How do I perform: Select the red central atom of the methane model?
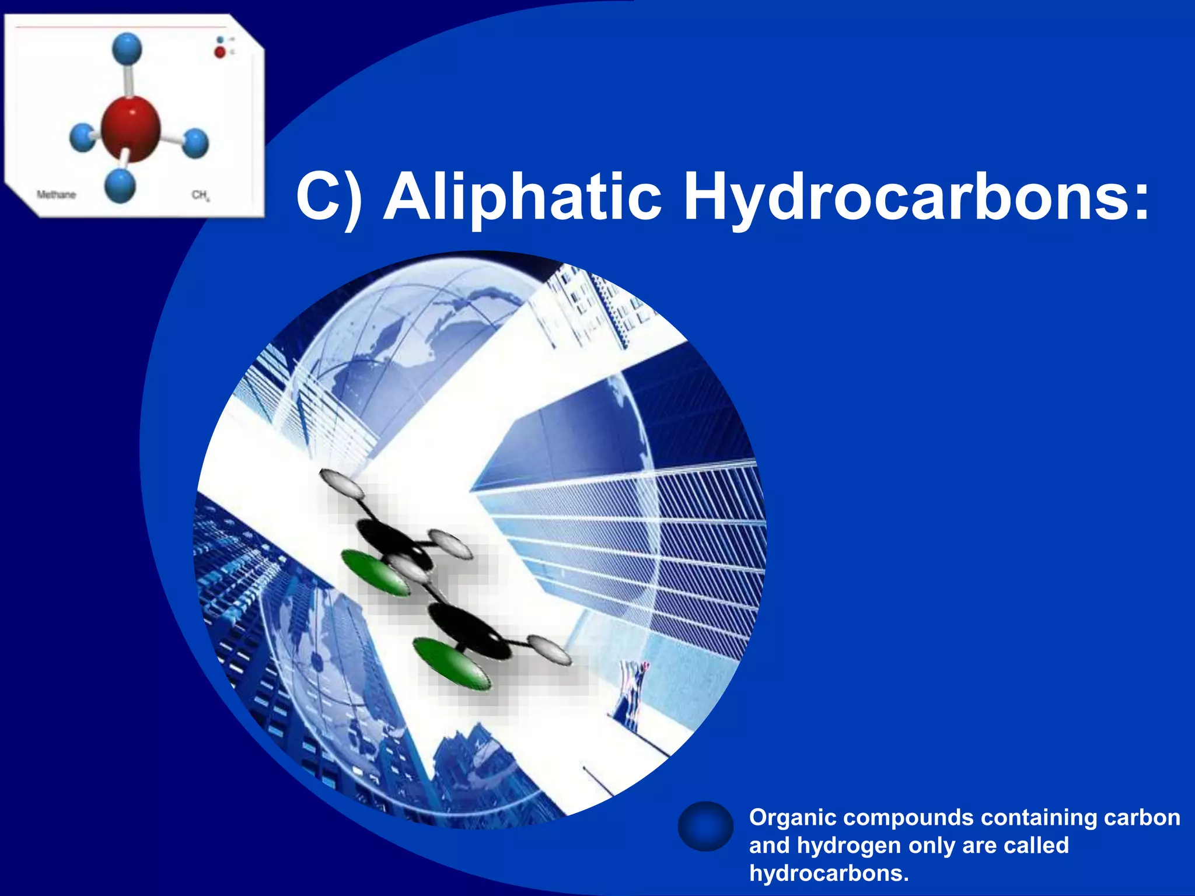click(x=131, y=128)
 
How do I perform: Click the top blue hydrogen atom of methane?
click(x=127, y=48)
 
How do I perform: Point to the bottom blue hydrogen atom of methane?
click(x=121, y=185)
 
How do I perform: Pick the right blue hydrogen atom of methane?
click(x=196, y=143)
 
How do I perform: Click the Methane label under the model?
click(x=56, y=195)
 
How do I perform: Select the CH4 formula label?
click(x=200, y=195)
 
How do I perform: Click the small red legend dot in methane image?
click(x=219, y=52)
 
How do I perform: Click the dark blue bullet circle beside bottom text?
click(x=705, y=826)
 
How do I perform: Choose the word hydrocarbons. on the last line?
click(x=829, y=873)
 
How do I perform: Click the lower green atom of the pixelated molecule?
click(x=450, y=664)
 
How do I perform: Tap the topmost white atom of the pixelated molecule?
click(x=341, y=482)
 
